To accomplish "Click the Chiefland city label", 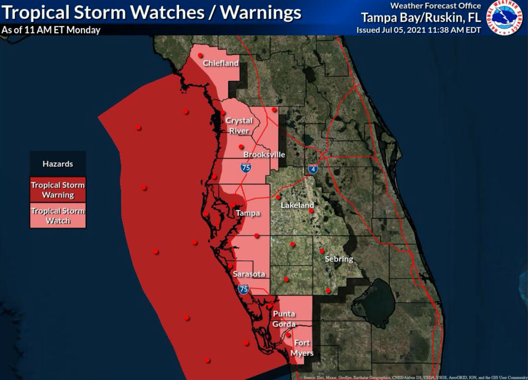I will pyautogui.click(x=220, y=63).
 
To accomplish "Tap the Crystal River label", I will pyautogui.click(x=239, y=126).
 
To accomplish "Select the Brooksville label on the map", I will pyautogui.click(x=264, y=155).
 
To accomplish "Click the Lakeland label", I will pyautogui.click(x=297, y=205).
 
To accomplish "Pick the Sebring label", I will pyautogui.click(x=339, y=259).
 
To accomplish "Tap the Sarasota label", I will pyautogui.click(x=249, y=274).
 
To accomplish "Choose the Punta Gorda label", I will pyautogui.click(x=284, y=319).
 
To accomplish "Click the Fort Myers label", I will pyautogui.click(x=302, y=348).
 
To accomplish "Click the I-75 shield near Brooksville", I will pyautogui.click(x=245, y=167).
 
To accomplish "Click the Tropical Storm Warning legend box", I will pyautogui.click(x=58, y=190).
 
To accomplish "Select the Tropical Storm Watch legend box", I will pyautogui.click(x=58, y=216).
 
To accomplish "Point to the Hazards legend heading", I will pyautogui.click(x=58, y=164).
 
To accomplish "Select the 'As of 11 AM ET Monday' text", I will pyautogui.click(x=51, y=30).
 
